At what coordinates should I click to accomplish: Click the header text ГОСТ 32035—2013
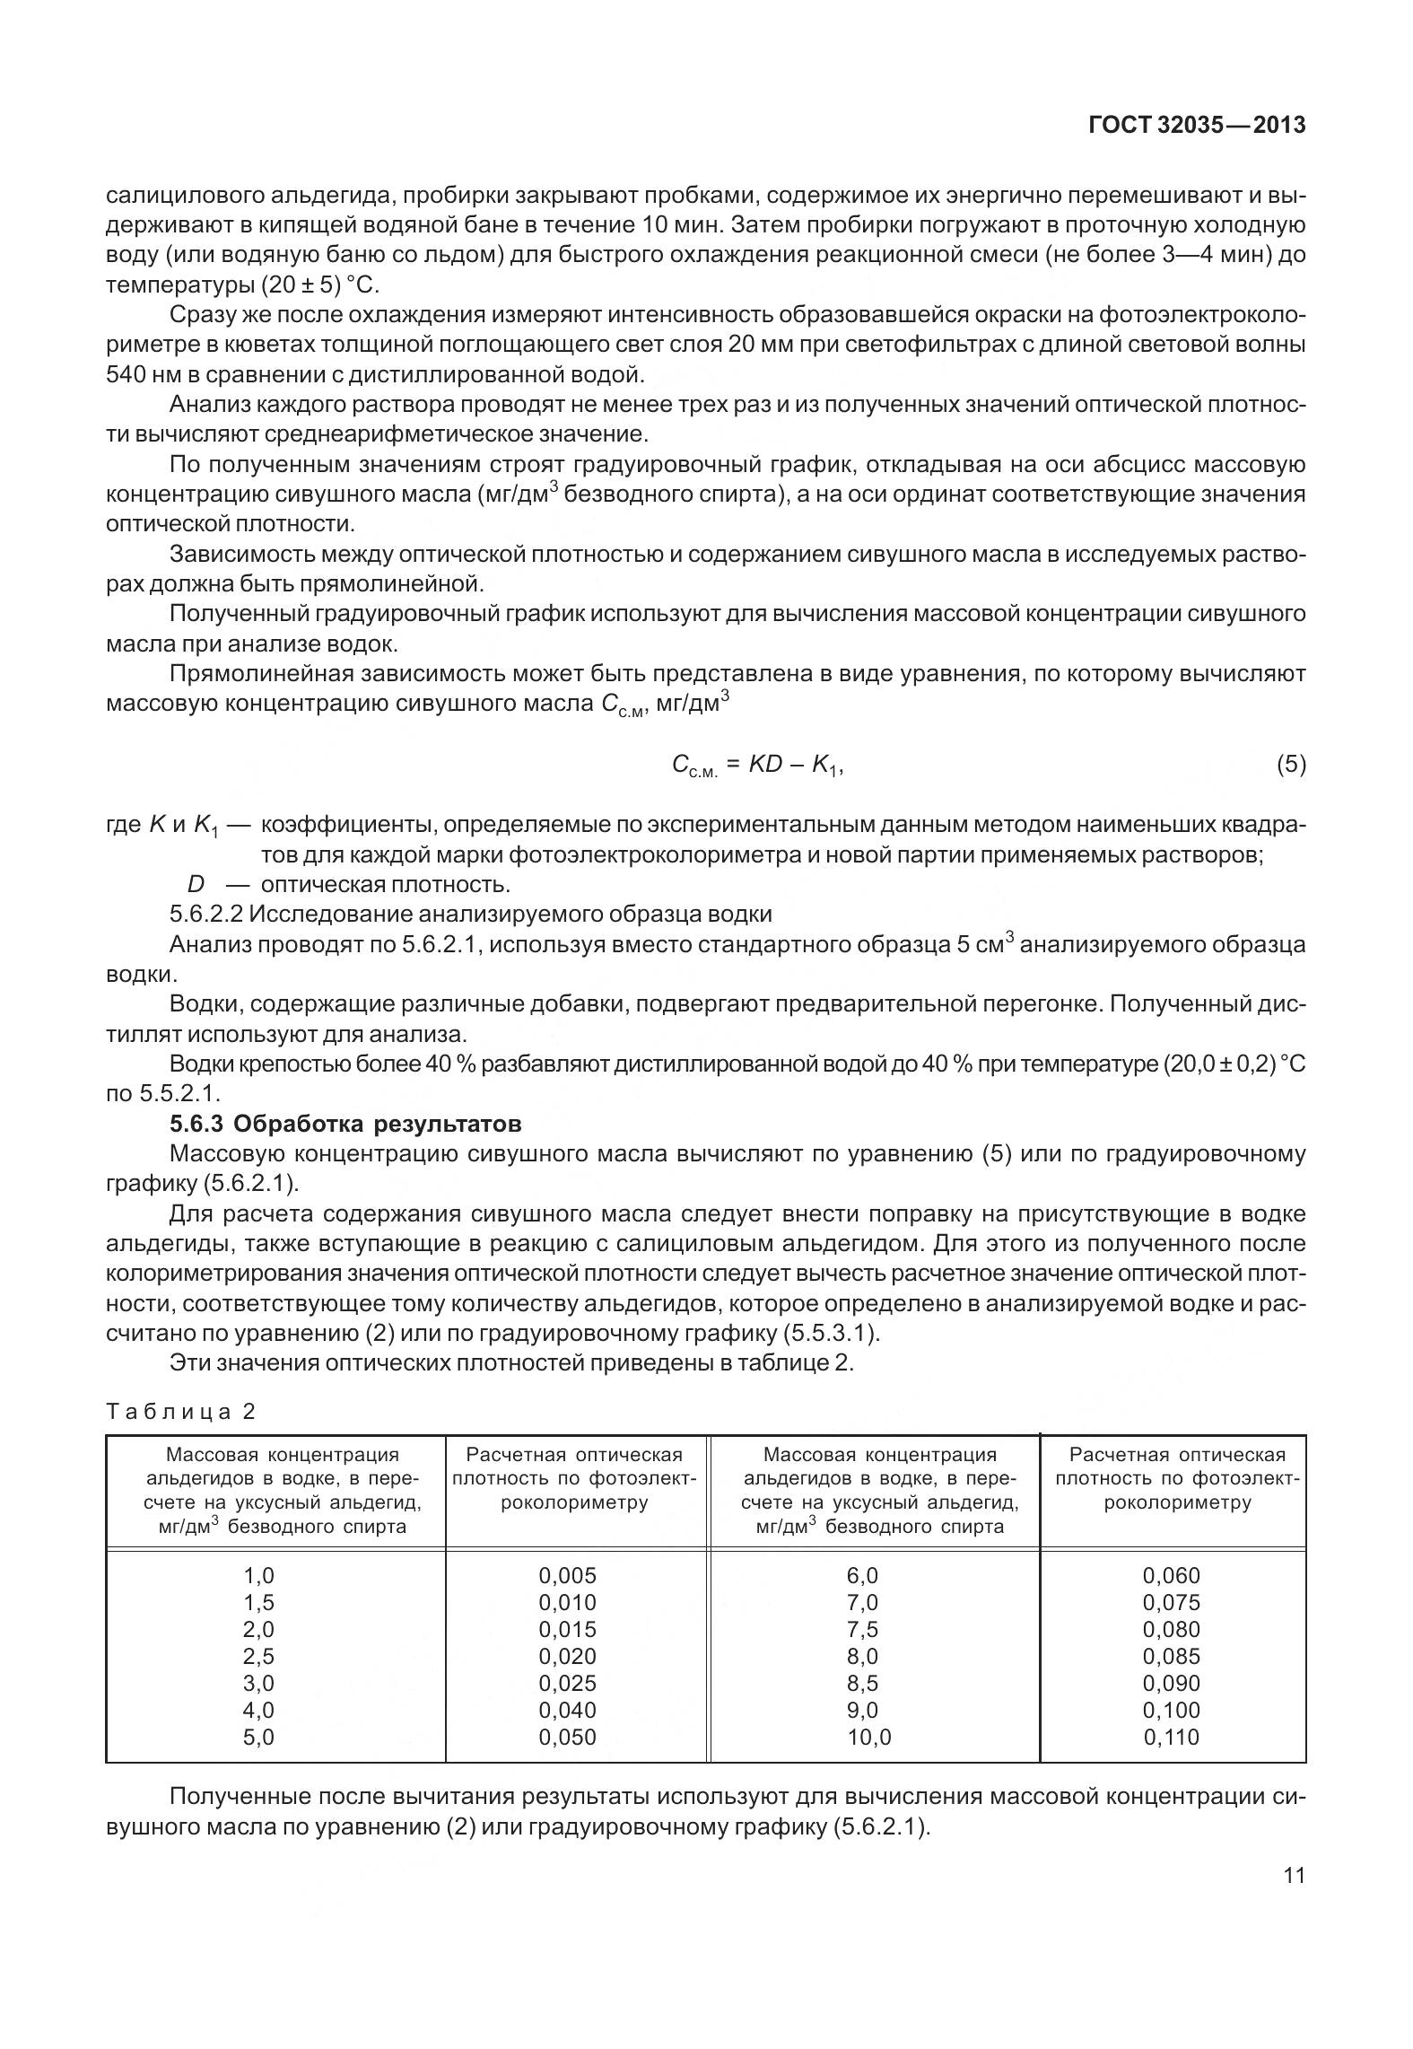pyautogui.click(x=1197, y=126)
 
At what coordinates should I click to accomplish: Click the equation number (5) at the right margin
pyautogui.click(x=1291, y=765)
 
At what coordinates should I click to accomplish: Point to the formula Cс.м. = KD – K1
pyautogui.click(x=757, y=766)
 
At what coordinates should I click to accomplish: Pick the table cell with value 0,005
pyautogui.click(x=567, y=1576)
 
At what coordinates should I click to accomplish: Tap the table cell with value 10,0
pyautogui.click(x=869, y=1738)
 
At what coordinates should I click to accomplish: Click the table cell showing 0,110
pyautogui.click(x=1171, y=1738)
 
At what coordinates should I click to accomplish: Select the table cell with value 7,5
pyautogui.click(x=863, y=1630)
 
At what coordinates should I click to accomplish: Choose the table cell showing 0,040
pyautogui.click(x=567, y=1711)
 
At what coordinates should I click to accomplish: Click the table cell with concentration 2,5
pyautogui.click(x=258, y=1657)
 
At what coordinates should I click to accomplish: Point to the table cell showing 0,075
pyautogui.click(x=1171, y=1603)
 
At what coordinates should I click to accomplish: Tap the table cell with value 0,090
pyautogui.click(x=1171, y=1684)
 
